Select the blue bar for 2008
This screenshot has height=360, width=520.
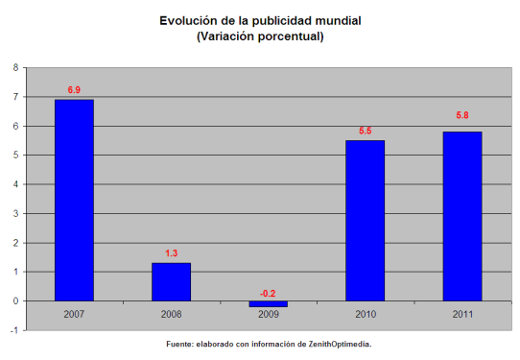point(171,281)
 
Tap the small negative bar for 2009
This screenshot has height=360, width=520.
point(268,303)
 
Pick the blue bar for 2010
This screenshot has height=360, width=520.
point(365,220)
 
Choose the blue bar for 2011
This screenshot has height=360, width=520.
point(461,216)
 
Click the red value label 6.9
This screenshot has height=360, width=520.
point(74,90)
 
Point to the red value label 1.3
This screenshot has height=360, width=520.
point(171,253)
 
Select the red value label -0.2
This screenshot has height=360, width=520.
point(268,293)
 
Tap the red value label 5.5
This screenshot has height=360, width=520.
point(365,132)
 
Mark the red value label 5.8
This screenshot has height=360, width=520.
point(461,115)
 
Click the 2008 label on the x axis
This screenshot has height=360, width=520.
point(171,315)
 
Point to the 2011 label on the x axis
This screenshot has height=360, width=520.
point(461,315)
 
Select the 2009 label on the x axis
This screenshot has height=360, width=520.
point(268,315)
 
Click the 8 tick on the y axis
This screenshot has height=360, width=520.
point(14,67)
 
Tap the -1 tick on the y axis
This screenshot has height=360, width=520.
point(12,330)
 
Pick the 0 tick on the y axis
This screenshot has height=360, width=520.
point(14,300)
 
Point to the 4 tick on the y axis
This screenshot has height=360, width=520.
point(14,184)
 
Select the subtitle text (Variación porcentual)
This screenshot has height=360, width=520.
point(260,36)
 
